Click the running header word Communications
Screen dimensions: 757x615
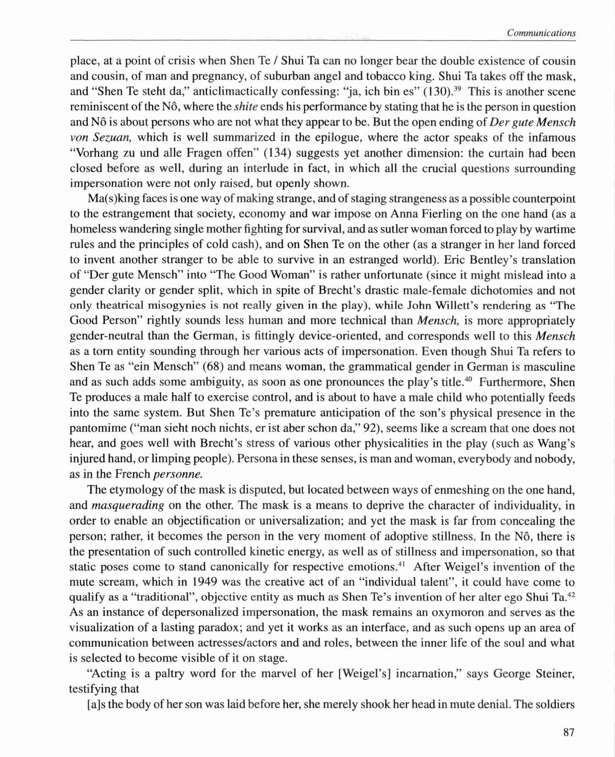[x=541, y=33]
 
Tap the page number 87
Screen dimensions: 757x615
[x=568, y=732]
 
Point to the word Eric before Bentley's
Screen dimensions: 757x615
[x=454, y=260]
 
